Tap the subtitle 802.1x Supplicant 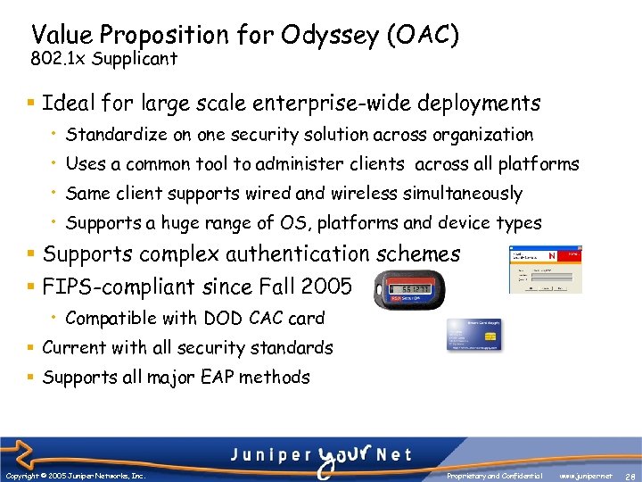pyautogui.click(x=103, y=60)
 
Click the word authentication pyautogui.click(x=304, y=254)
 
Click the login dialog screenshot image pyautogui.click(x=545, y=270)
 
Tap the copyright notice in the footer pyautogui.click(x=75, y=476)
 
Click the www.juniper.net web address pyautogui.click(x=586, y=476)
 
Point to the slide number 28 pyautogui.click(x=630, y=476)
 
